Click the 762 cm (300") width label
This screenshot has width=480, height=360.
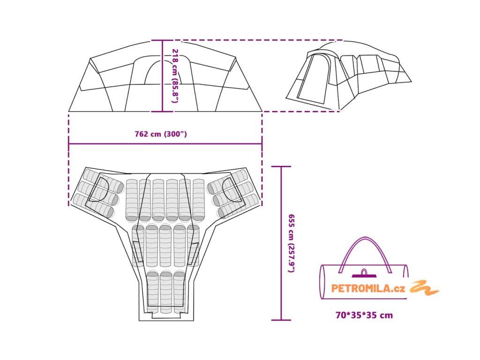pos(161,134)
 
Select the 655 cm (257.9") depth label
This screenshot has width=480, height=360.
pos(291,243)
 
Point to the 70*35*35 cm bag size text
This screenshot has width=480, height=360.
pos(364,315)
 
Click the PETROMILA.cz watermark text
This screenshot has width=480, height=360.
pos(368,289)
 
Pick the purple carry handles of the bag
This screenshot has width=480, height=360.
pos(365,253)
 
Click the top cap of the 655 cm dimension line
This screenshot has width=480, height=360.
pos(281,166)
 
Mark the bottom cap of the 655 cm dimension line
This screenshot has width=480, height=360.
pos(281,320)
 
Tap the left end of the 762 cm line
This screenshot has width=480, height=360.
pos(69,144)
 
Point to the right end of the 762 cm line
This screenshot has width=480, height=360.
pos(262,144)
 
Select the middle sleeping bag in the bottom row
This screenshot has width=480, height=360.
pos(166,292)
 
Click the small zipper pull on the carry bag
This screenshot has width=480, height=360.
pos(364,272)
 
